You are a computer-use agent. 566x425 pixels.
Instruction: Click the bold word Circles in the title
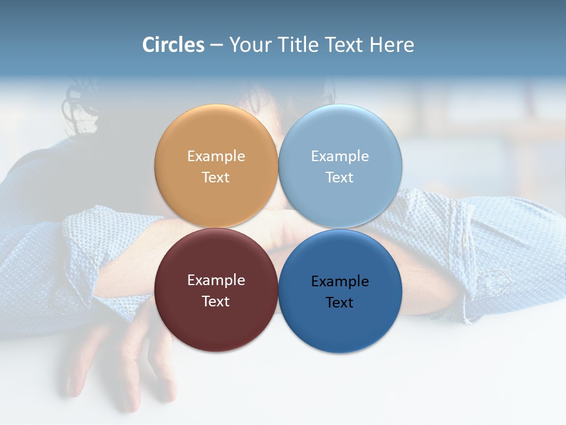173,45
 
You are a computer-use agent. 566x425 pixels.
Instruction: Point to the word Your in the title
250,45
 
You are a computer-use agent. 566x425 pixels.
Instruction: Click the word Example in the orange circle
216,156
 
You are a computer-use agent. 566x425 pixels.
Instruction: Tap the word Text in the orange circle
216,178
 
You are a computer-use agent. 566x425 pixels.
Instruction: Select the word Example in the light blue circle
340,156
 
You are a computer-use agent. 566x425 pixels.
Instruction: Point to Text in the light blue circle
340,178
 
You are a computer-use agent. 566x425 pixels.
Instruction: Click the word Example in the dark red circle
216,280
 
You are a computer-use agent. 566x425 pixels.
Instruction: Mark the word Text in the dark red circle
216,302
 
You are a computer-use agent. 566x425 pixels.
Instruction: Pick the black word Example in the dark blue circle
340,282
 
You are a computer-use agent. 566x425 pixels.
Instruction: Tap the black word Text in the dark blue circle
340,303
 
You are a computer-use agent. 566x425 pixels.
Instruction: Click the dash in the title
216,45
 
